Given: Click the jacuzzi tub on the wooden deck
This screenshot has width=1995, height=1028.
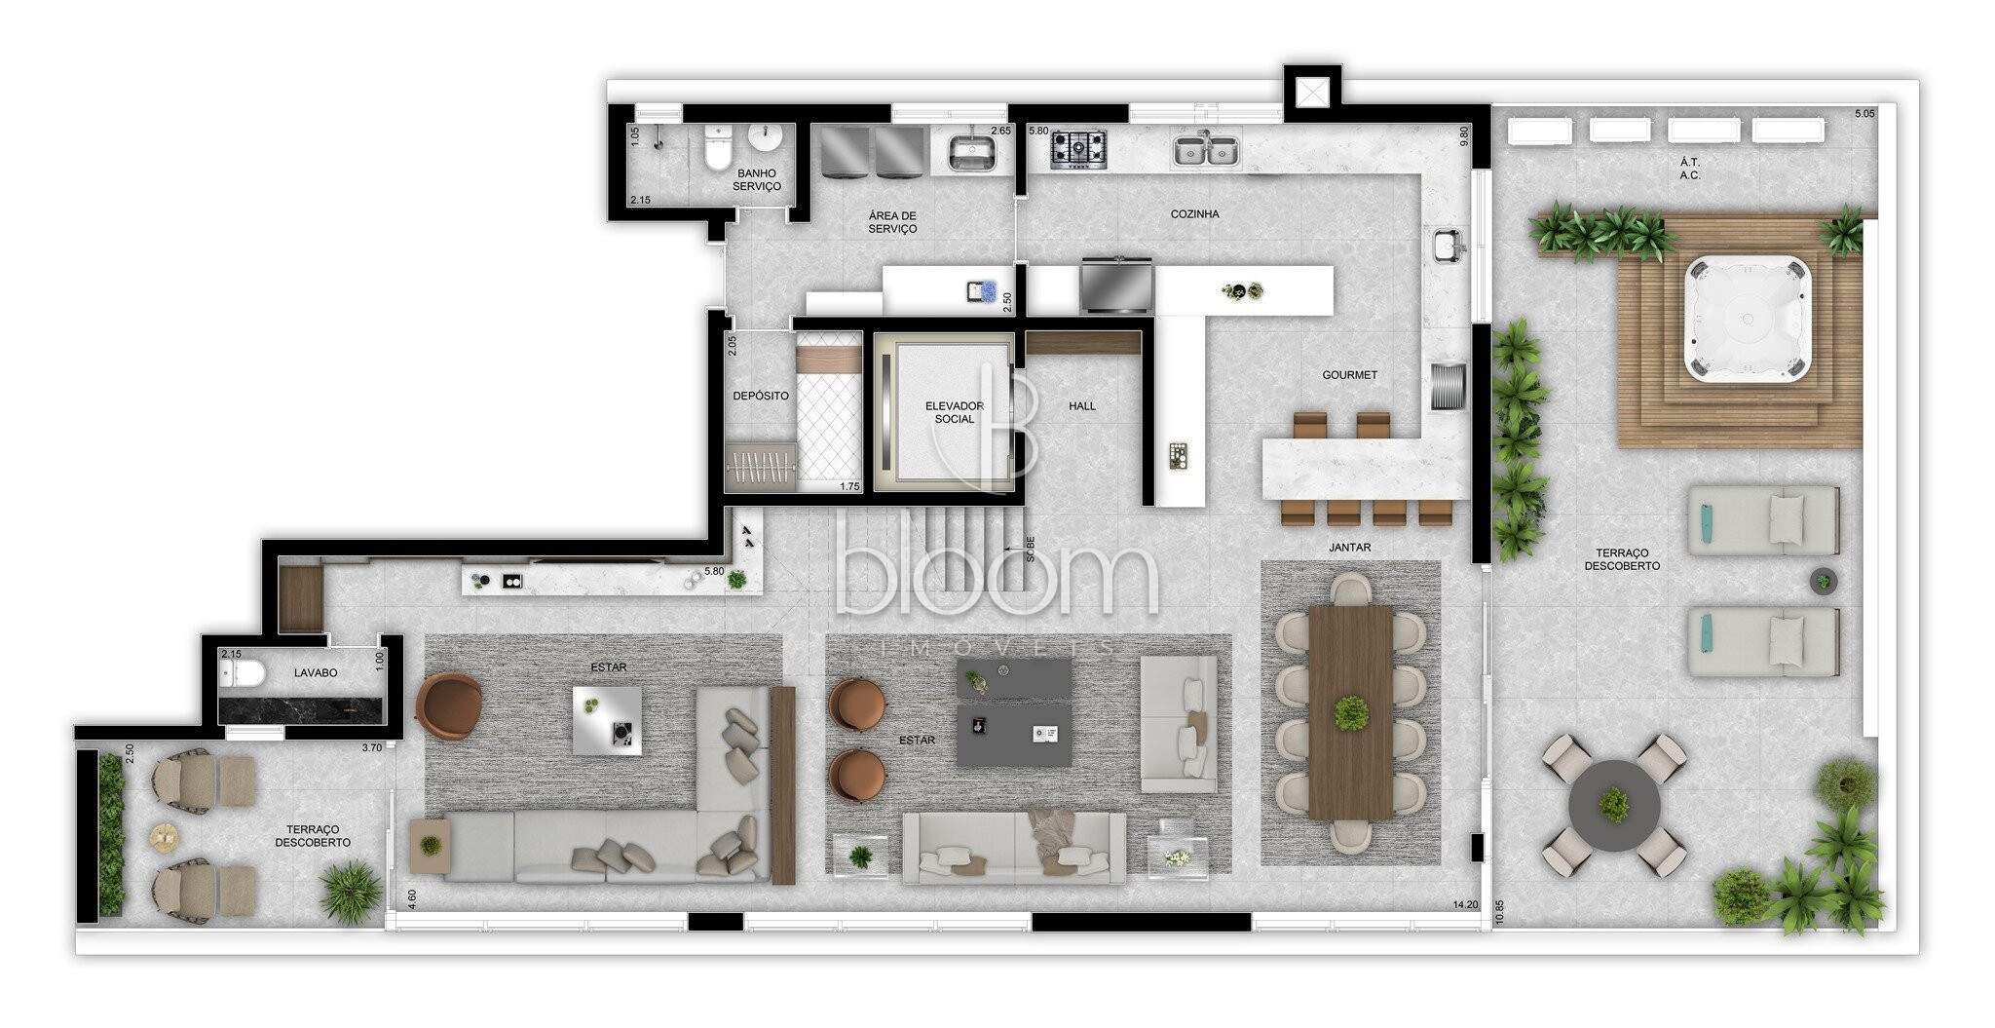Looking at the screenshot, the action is [1747, 318].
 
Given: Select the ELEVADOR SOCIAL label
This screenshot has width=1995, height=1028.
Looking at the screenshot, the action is [954, 412].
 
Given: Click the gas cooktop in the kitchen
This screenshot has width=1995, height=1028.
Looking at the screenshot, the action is [1078, 149].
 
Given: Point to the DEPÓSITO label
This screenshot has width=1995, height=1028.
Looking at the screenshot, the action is [761, 396].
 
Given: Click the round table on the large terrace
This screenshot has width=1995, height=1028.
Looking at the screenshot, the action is [1614, 806].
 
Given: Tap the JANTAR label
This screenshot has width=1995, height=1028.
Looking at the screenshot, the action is [1350, 548].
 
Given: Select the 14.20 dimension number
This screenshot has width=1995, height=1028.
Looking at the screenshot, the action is [1465, 905].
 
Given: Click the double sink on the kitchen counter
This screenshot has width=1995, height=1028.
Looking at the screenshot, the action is [1206, 150].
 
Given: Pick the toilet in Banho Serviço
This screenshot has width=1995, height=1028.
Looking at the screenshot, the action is [718, 148].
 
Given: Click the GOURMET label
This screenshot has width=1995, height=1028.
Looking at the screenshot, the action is [1349, 375].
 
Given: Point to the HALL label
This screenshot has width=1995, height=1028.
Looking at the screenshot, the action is [1082, 406].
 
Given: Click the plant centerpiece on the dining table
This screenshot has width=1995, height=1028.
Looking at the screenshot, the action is [1351, 713].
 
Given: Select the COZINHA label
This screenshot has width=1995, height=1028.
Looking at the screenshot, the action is [1195, 214].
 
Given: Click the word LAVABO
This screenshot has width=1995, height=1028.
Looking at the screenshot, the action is [316, 673].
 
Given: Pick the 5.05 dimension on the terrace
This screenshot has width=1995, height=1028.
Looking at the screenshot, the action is [1864, 114].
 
